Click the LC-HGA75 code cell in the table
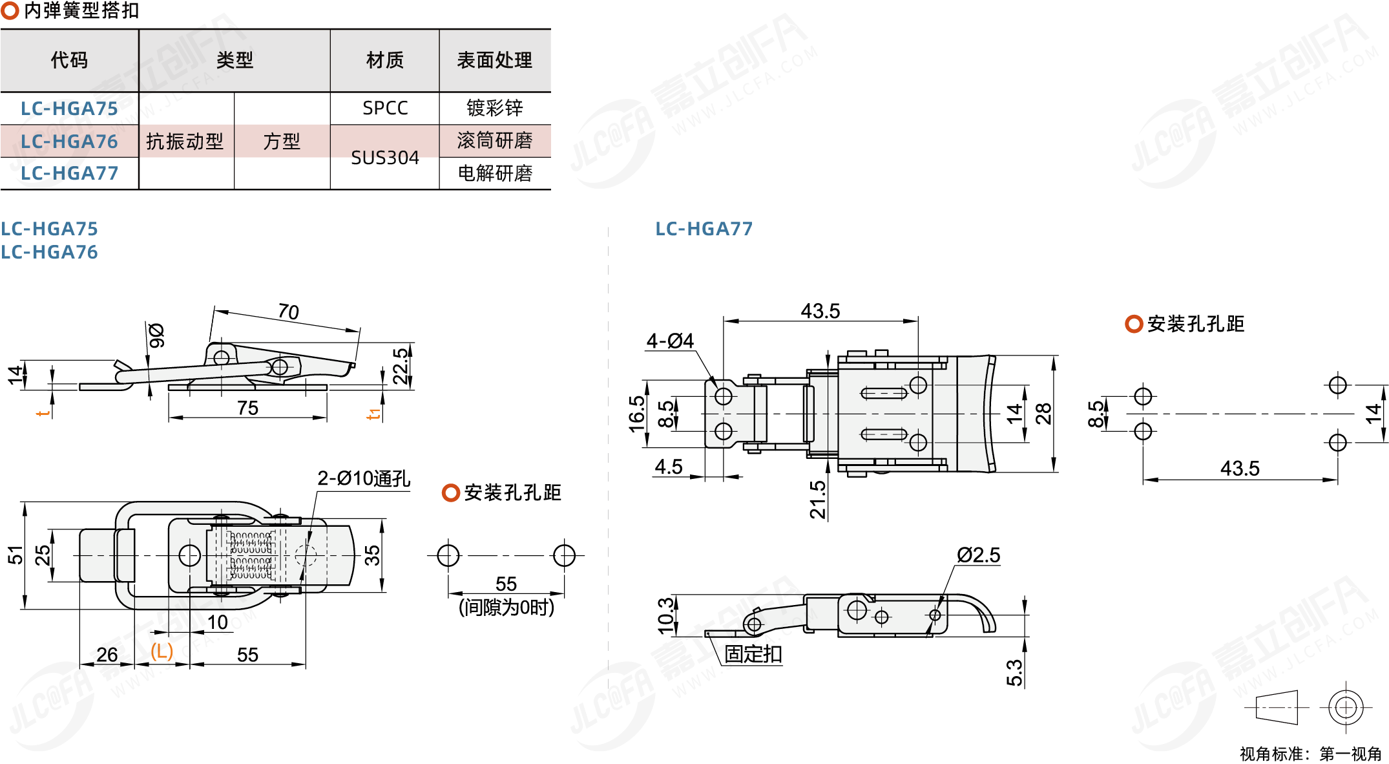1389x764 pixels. click(69, 109)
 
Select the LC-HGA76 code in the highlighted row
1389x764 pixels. click(69, 142)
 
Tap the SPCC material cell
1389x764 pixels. click(385, 109)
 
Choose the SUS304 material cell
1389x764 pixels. click(385, 158)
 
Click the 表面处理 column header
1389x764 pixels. click(494, 61)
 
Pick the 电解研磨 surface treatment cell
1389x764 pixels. click(495, 173)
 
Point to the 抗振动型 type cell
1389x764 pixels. click(185, 142)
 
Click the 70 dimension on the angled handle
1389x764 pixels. click(288, 312)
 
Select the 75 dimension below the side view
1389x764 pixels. click(247, 408)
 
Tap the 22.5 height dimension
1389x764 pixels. click(401, 366)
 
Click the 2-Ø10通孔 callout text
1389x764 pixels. click(363, 478)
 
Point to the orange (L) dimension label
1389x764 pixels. click(162, 651)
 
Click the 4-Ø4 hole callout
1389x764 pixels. click(670, 341)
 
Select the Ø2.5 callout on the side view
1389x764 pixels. click(978, 555)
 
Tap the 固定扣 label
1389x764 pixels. click(753, 654)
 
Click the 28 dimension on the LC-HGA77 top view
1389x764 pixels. click(1043, 414)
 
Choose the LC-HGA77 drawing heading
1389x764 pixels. click(704, 229)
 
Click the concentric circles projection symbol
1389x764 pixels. click(1346, 708)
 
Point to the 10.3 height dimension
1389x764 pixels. click(665, 615)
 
